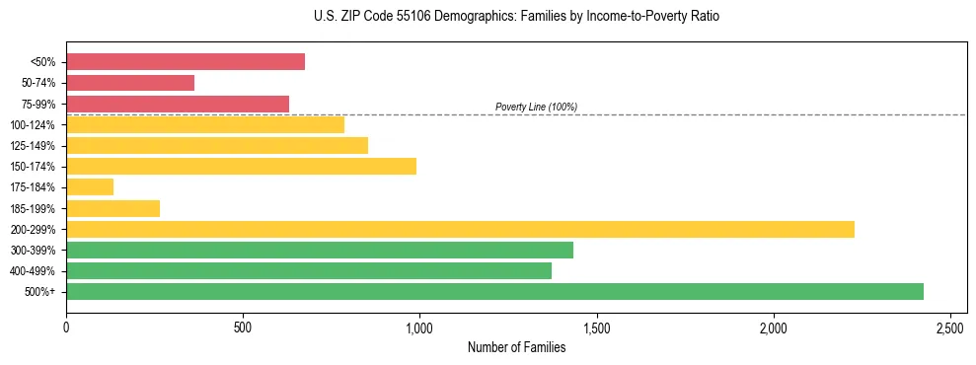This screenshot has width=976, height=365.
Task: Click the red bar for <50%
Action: click(186, 62)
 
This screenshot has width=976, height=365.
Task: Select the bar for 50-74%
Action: click(130, 83)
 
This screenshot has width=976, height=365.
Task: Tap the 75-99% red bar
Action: click(178, 104)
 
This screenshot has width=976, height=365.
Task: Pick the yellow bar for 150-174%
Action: click(241, 166)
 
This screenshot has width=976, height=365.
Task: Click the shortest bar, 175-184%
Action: click(90, 186)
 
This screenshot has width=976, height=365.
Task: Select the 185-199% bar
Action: click(113, 208)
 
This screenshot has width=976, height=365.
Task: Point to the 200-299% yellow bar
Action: click(460, 229)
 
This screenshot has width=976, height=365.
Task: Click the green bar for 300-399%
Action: click(320, 250)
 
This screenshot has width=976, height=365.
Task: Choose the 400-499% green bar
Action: click(309, 270)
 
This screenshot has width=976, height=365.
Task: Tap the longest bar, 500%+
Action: click(494, 291)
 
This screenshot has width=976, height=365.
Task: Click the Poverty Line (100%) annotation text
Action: click(536, 107)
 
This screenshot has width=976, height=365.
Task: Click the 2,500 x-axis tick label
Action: click(949, 328)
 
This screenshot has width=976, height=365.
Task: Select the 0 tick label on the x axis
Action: click(66, 328)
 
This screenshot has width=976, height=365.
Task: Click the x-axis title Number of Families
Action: click(516, 347)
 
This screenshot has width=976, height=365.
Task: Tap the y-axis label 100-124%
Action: click(33, 125)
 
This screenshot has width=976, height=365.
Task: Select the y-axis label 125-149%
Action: click(33, 146)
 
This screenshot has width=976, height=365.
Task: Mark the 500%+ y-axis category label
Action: click(39, 292)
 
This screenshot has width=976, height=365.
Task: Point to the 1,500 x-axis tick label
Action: click(596, 328)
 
